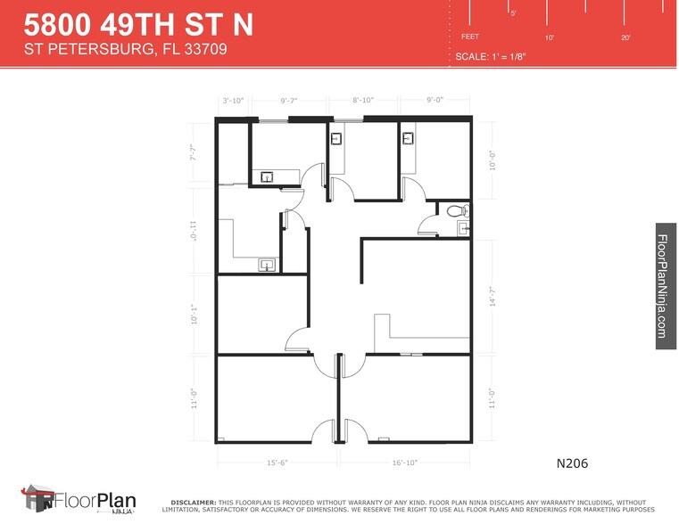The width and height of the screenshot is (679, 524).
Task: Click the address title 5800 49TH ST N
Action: tap(138, 24)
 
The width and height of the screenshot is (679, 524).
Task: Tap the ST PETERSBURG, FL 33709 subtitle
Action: tap(125, 50)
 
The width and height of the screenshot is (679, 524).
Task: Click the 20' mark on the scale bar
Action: tap(625, 37)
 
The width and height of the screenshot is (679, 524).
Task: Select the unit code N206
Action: tap(572, 463)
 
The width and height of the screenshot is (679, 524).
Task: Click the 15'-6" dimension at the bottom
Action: tap(277, 463)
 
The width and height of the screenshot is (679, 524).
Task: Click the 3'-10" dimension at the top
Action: tap(234, 101)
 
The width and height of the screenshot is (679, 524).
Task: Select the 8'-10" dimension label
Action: tap(362, 101)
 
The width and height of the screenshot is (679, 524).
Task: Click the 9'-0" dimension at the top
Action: tap(434, 101)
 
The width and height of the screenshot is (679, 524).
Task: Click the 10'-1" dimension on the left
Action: tap(194, 315)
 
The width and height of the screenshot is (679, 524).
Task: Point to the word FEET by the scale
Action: tap(470, 37)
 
